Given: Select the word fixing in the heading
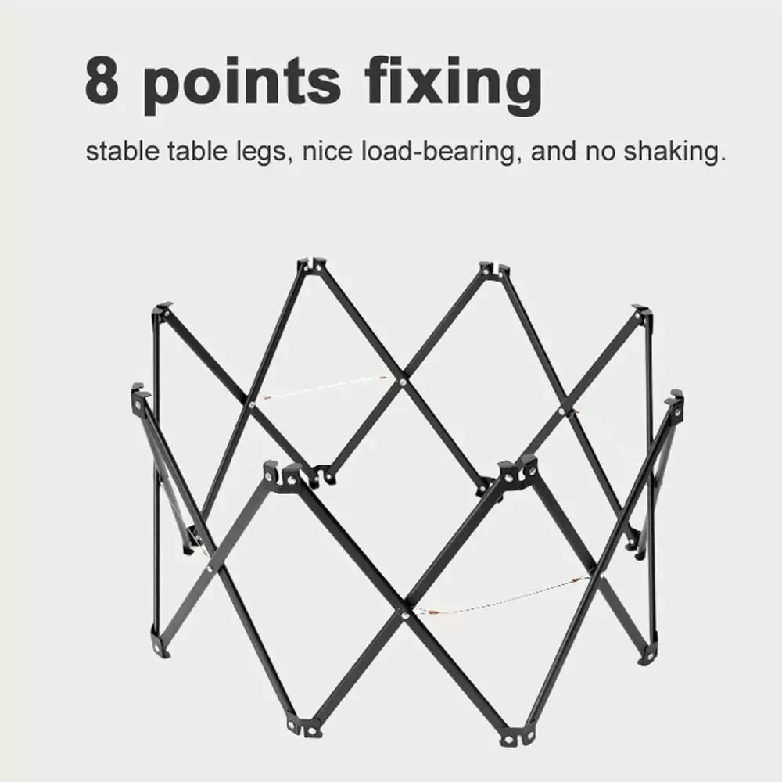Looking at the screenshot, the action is point(453,84).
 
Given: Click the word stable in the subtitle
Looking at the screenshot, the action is point(122,151).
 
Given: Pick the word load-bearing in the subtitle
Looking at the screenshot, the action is point(439,152).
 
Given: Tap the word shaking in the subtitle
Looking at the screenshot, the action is point(674,152).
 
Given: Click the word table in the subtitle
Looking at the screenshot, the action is point(197,151).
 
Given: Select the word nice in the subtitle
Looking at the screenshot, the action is point(327,151).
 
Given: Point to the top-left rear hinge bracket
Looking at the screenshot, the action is point(310,265).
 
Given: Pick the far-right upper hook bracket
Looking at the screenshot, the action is point(676,403).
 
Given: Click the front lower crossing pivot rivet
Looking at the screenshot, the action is point(407,615).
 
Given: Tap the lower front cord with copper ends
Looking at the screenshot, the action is point(504,596).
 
